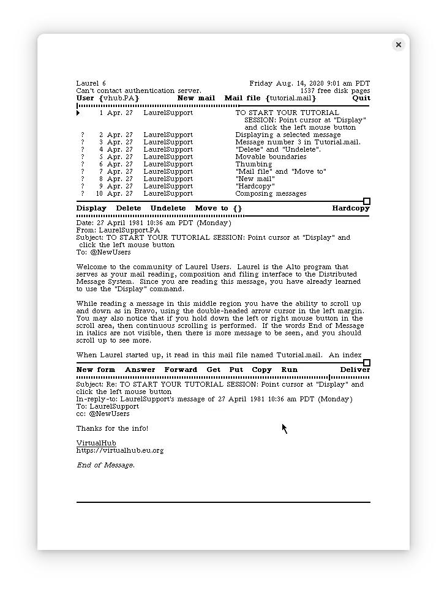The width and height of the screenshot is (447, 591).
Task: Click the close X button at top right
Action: point(398,45)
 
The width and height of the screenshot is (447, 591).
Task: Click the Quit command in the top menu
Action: point(361,98)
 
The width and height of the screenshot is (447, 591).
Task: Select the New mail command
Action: point(196,98)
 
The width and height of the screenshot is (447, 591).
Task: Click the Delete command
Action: point(129,208)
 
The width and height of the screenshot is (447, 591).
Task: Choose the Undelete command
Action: point(168,208)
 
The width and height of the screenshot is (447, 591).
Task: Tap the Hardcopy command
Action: point(351,208)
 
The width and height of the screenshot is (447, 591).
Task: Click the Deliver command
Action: point(355,370)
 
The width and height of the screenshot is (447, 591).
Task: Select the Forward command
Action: point(181,370)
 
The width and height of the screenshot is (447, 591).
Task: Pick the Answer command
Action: point(140,370)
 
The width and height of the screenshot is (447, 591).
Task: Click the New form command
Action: point(96,370)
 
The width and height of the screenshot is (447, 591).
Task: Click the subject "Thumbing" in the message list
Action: point(254,164)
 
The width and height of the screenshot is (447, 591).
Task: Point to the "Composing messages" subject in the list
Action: point(271,193)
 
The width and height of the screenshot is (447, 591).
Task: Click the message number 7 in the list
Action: point(101,171)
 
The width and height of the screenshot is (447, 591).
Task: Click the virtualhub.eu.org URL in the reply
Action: point(120,450)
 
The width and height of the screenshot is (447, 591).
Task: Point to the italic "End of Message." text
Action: point(105,465)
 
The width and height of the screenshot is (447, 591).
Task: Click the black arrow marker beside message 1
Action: point(78,113)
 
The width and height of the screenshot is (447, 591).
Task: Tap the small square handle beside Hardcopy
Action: point(367,201)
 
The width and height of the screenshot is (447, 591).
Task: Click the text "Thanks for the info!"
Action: point(112,428)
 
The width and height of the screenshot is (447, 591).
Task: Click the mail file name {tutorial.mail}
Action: point(291,98)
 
